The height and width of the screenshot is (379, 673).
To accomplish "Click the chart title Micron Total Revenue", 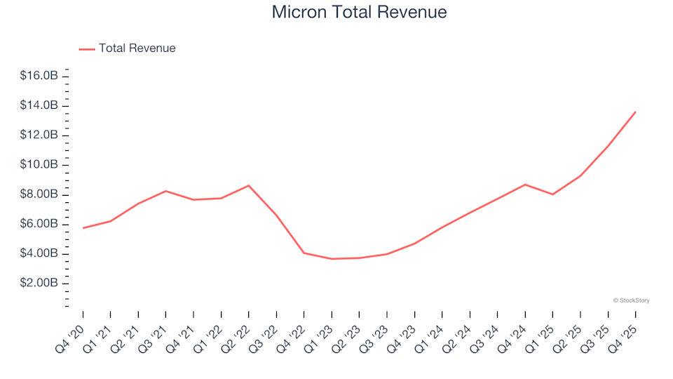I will [359, 13].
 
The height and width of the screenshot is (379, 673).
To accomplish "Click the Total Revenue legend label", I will [137, 48].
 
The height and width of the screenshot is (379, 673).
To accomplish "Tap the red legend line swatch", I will [87, 49].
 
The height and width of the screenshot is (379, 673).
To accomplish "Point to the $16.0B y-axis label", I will [39, 76].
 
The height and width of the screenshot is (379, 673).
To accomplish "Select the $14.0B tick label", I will [39, 105].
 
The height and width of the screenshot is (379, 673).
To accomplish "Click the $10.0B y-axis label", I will [39, 164].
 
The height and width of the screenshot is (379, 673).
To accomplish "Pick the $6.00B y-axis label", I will [39, 224].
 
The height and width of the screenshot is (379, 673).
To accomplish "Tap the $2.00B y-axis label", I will [39, 283].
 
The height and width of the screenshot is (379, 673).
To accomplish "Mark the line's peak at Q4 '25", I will [635, 112].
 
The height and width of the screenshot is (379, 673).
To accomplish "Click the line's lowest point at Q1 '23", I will [332, 259].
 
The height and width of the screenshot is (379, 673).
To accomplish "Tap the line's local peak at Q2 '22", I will [249, 185].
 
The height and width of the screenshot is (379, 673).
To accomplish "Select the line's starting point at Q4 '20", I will [83, 228].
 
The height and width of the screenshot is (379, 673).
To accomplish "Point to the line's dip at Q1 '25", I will [553, 194].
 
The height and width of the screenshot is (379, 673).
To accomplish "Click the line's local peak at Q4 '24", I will [525, 185].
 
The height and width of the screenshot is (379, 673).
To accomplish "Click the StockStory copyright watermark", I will [631, 300].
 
